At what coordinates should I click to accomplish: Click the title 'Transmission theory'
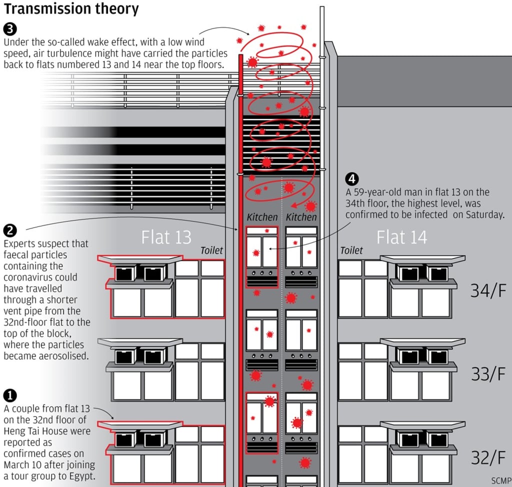pos(71,9)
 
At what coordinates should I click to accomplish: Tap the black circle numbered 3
pos(10,29)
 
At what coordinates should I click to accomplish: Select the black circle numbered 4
pos(352,179)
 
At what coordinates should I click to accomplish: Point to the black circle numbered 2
pos(10,230)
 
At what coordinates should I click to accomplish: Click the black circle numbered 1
pos(10,395)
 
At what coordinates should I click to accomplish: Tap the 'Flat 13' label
pos(166,237)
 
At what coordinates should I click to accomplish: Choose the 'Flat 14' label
pos(402,237)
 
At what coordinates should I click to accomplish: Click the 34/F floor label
pos(488,290)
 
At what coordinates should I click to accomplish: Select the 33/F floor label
pos(488,374)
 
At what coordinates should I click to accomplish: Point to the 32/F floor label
pos(488,457)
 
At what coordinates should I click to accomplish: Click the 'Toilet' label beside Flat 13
pos(211,250)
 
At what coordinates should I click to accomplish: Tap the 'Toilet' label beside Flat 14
pos(351,250)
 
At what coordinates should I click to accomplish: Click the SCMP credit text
pos(501,481)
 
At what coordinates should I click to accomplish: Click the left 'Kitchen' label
pos(262,217)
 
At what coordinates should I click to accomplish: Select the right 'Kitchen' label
pos(301,217)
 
